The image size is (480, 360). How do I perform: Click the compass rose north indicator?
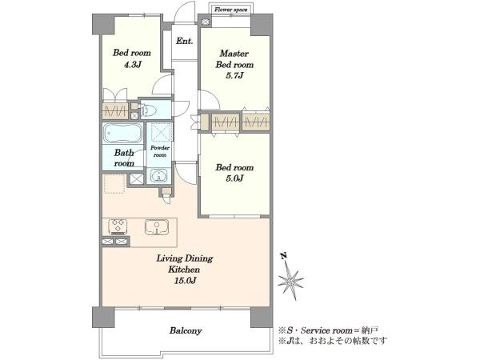(290, 278)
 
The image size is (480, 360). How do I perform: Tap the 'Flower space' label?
(231, 10)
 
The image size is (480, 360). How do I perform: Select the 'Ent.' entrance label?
(184, 41)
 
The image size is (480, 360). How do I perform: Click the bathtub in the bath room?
(122, 133)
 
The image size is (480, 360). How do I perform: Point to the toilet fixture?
(149, 110)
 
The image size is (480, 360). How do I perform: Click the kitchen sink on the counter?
(157, 227)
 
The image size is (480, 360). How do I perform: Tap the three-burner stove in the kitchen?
(118, 227)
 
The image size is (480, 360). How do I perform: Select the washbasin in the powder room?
(158, 176)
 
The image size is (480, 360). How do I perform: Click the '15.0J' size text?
(185, 281)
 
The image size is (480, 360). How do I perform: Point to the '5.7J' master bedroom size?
(234, 75)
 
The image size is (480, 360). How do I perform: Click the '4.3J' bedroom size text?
(132, 64)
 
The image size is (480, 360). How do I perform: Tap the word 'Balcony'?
(186, 330)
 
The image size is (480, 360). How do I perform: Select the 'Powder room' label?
(160, 151)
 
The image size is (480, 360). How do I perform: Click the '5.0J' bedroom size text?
(234, 178)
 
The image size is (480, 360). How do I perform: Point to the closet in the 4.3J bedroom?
(114, 111)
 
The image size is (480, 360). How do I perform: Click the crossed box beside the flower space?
(205, 22)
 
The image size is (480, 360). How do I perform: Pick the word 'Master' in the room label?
(234, 54)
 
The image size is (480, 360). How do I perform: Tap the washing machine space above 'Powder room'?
(159, 132)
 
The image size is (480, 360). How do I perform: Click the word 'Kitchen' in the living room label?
(184, 270)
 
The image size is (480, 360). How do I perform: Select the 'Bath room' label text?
(124, 158)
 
